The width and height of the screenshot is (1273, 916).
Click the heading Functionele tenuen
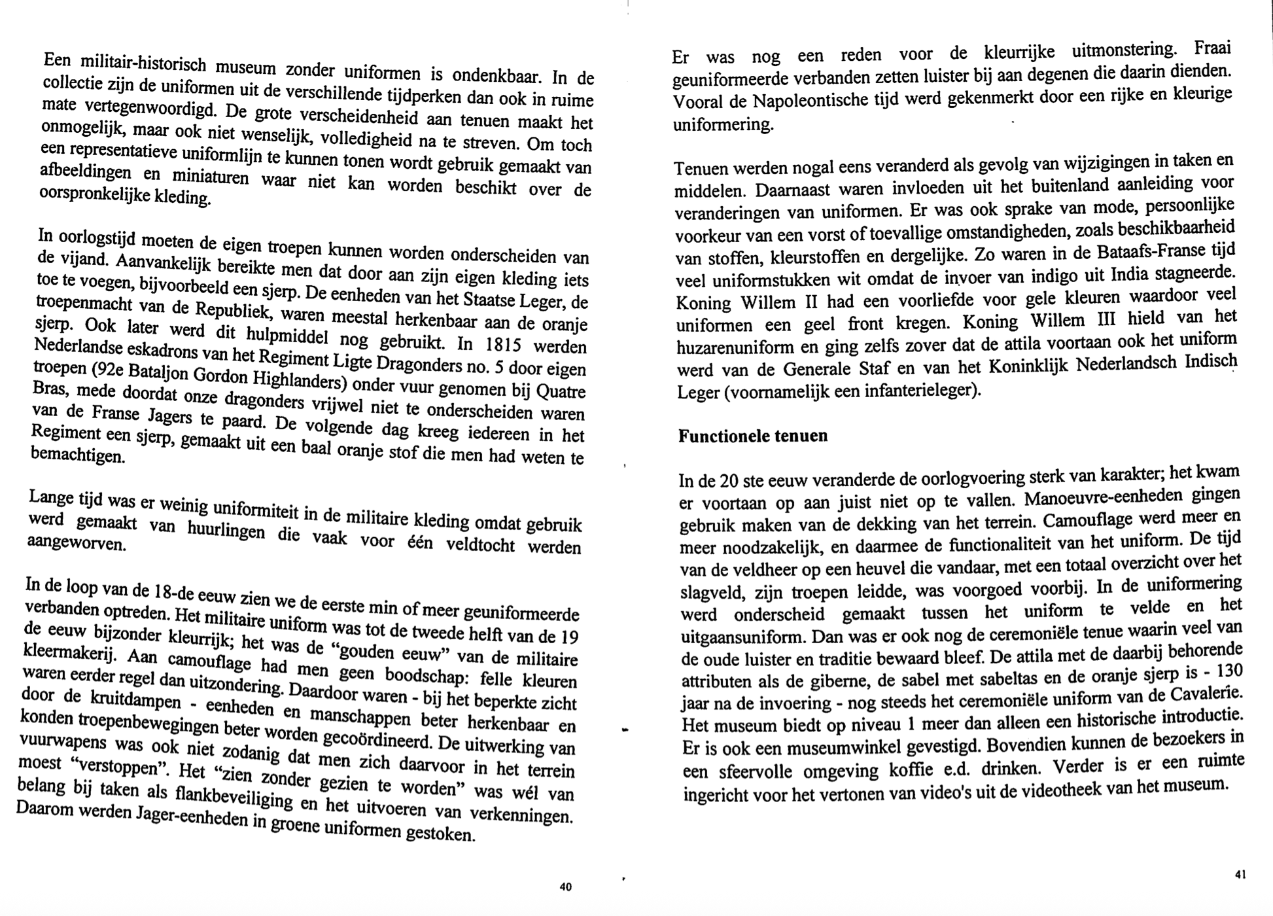click(752, 436)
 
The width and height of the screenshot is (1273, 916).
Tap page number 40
click(566, 887)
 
